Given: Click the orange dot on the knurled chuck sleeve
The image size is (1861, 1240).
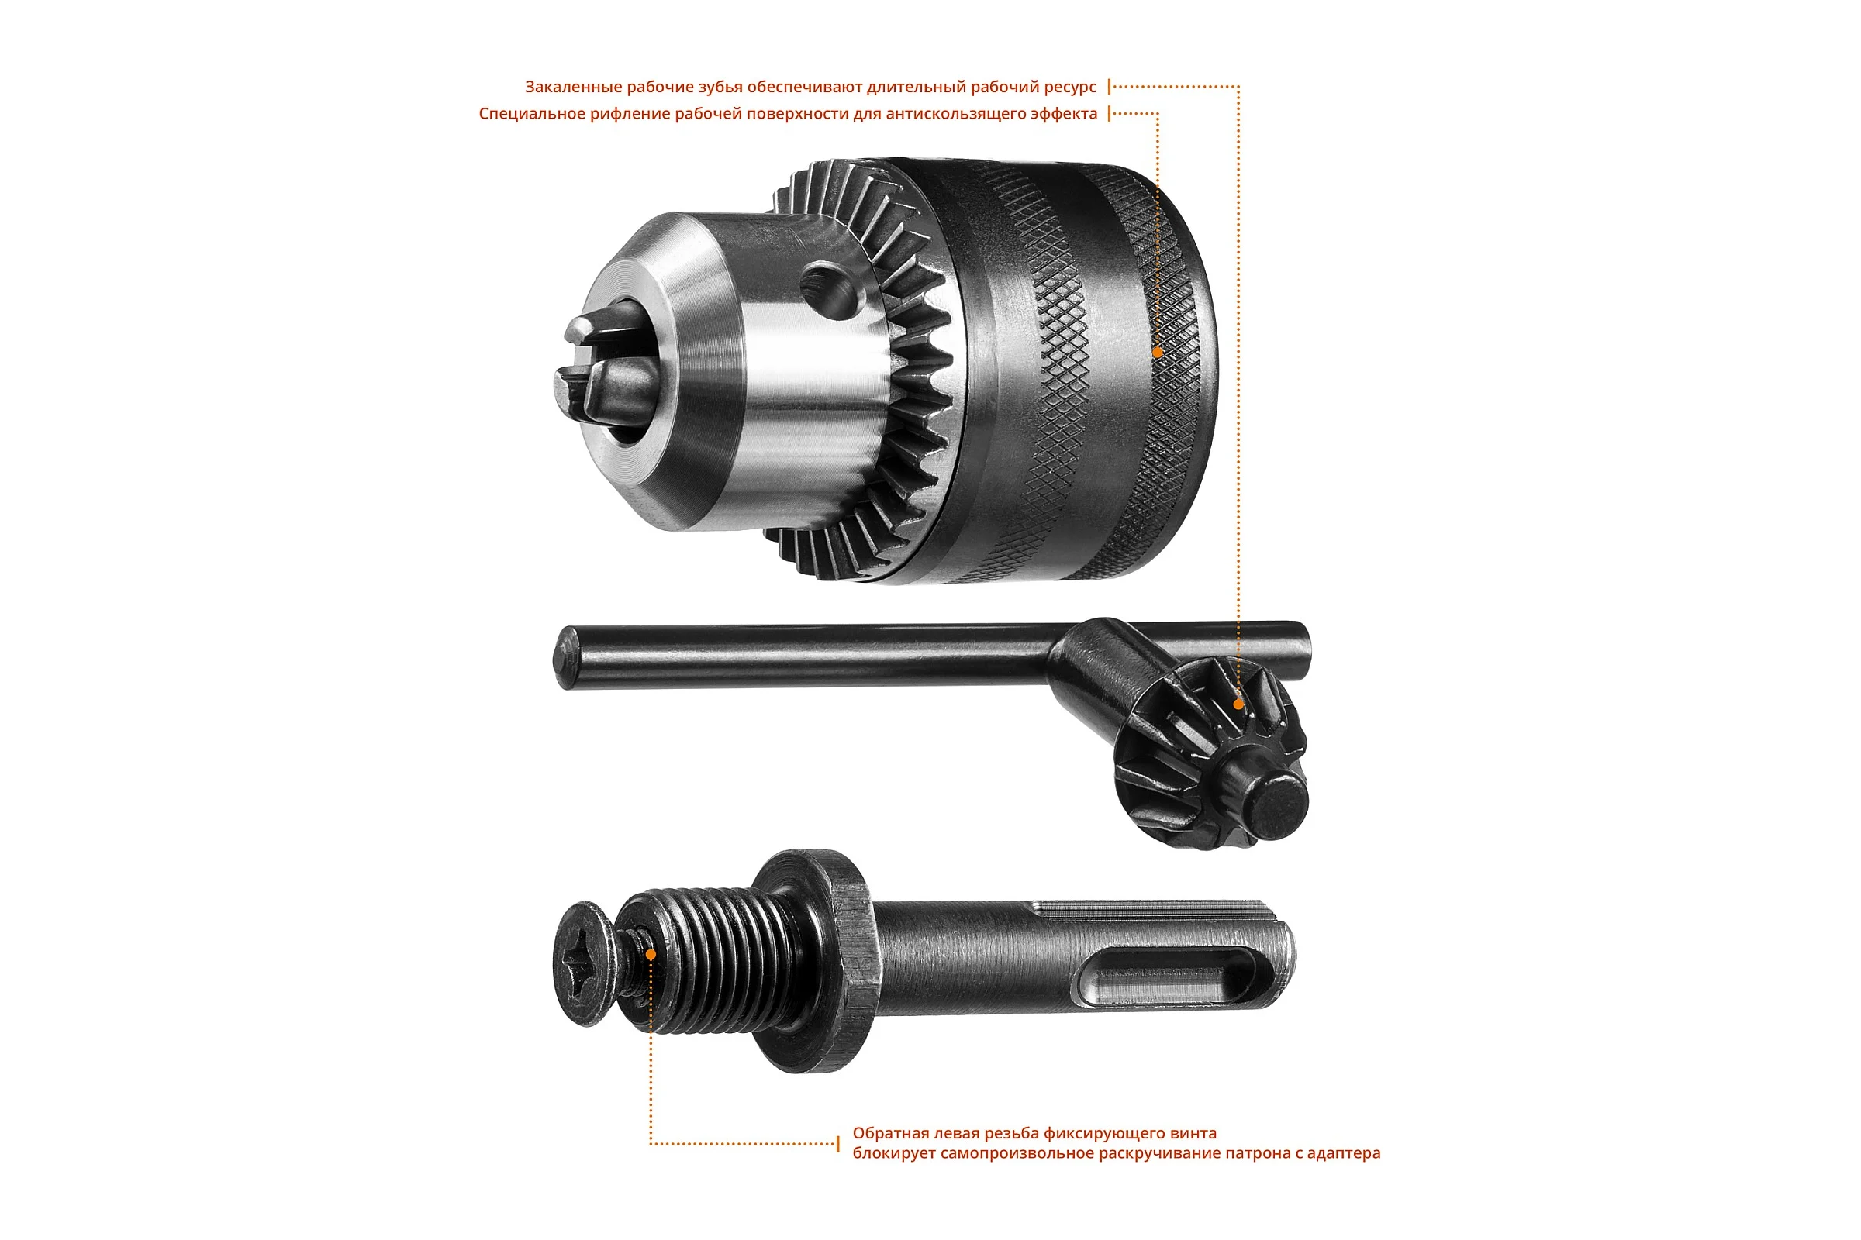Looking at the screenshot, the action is click(1157, 353).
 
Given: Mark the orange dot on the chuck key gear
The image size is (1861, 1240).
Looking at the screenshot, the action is click(1238, 704).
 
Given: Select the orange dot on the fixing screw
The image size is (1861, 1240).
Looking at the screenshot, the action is click(651, 955).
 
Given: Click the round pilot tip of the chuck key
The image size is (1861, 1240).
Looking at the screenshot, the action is click(1267, 804).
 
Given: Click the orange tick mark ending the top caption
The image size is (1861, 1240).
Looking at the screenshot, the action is click(1110, 87).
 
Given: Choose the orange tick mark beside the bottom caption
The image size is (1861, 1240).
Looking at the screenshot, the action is click(838, 1144).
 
